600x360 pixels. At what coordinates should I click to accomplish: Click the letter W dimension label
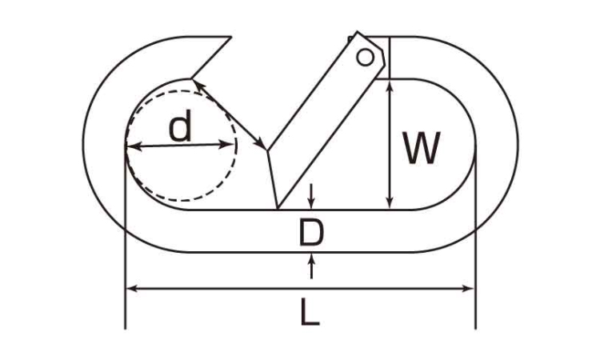pyautogui.click(x=422, y=148)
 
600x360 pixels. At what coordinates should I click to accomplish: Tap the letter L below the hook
pyautogui.click(x=310, y=313)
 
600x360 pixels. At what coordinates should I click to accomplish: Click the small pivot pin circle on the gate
pyautogui.click(x=365, y=58)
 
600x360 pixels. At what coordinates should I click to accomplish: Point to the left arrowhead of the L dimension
pyautogui.click(x=132, y=288)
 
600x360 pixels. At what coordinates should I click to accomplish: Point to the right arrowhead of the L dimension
pyautogui.click(x=468, y=288)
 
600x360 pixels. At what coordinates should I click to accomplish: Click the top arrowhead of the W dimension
pyautogui.click(x=389, y=86)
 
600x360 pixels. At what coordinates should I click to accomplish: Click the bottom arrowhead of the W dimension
pyautogui.click(x=389, y=202)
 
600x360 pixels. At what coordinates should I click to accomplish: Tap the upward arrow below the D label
pyautogui.click(x=312, y=266)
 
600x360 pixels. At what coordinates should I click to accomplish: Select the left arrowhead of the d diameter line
pyautogui.click(x=133, y=146)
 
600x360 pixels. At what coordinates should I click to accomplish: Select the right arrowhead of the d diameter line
pyautogui.click(x=226, y=145)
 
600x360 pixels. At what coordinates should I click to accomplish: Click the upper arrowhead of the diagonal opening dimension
pyautogui.click(x=197, y=86)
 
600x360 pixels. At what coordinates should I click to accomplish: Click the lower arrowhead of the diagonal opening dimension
pyautogui.click(x=261, y=144)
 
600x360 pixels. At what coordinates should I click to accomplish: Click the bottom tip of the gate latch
pyautogui.click(x=277, y=209)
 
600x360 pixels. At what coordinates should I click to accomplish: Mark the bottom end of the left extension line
pyautogui.click(x=125, y=329)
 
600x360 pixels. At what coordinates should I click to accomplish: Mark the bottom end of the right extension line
pyautogui.click(x=476, y=329)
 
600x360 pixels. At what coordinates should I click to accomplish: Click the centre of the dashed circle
pyautogui.click(x=182, y=146)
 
